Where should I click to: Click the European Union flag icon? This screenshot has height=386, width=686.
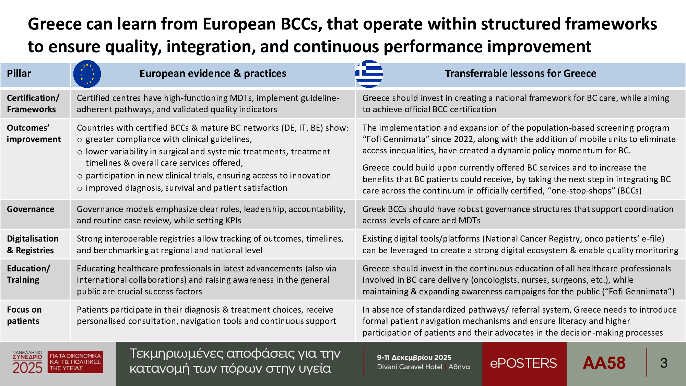click(87, 74)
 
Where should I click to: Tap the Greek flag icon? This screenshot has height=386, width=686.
click(369, 74)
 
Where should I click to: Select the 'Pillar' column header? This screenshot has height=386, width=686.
click(19, 73)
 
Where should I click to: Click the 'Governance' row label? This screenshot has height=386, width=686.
click(31, 209)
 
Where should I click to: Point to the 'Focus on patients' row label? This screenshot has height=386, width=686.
click(24, 315)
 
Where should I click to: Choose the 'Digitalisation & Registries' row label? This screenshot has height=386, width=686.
click(33, 244)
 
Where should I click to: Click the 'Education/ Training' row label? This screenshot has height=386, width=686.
click(28, 274)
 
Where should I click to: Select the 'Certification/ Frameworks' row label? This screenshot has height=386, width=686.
click(33, 104)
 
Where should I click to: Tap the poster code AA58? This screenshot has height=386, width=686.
click(604, 363)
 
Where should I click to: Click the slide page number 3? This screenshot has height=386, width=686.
click(664, 363)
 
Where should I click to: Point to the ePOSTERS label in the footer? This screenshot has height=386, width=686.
click(523, 363)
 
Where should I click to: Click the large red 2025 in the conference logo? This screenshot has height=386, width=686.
click(27, 368)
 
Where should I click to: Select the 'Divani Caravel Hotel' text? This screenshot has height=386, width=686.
click(410, 367)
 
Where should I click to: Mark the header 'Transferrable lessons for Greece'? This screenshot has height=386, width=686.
click(521, 73)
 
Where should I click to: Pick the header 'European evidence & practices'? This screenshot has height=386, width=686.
click(213, 73)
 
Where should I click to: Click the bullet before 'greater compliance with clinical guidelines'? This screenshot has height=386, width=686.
click(80, 140)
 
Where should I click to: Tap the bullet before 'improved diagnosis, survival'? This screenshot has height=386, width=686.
click(80, 189)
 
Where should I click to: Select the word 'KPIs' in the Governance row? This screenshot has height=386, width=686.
click(233, 221)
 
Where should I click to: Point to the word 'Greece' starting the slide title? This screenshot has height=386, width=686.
click(55, 24)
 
